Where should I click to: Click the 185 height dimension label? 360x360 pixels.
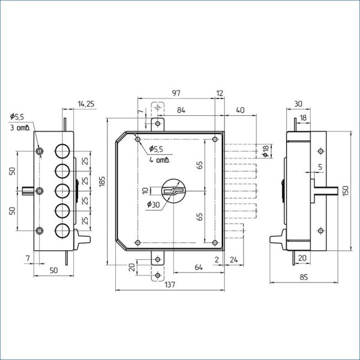click(x=102, y=181)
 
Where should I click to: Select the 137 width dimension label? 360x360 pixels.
click(x=170, y=284)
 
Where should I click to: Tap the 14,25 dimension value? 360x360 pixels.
click(x=86, y=104)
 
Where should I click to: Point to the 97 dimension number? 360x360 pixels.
click(x=176, y=93)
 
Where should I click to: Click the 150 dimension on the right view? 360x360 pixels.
click(x=345, y=191)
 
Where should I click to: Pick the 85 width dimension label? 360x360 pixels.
click(x=304, y=277)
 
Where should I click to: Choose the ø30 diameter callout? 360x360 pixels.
click(x=154, y=204)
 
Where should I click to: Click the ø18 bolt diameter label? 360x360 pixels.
click(x=266, y=151)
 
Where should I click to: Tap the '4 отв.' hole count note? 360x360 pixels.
click(x=160, y=160)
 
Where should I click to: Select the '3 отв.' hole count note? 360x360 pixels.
click(x=20, y=127)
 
